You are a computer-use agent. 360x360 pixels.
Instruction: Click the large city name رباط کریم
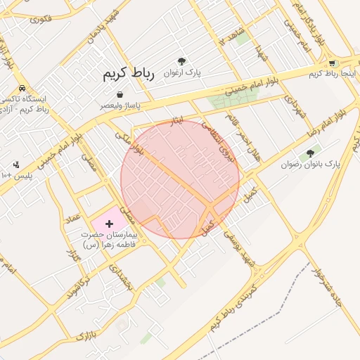(x=128, y=72)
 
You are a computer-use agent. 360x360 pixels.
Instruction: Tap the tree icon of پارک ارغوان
(x=182, y=62)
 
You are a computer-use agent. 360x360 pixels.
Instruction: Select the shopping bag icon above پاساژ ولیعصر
(x=120, y=94)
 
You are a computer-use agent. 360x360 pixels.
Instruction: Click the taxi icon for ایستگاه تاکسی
(x=23, y=89)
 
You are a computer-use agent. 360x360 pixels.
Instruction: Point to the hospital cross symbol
(x=108, y=223)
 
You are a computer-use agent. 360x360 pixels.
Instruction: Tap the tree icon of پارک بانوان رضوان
(x=310, y=153)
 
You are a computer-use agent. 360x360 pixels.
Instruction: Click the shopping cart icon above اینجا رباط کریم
(x=332, y=63)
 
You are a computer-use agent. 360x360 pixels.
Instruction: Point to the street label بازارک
(x=85, y=335)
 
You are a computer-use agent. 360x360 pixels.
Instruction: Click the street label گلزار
(x=72, y=255)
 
